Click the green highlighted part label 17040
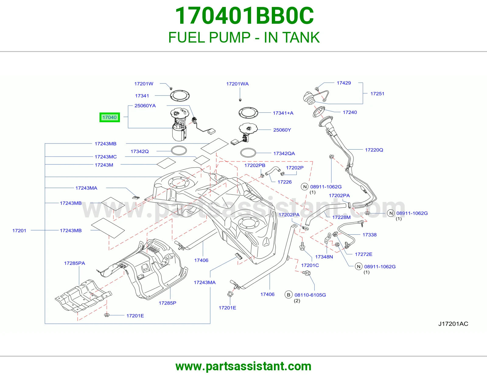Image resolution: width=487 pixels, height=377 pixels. pyautogui.click(x=110, y=117)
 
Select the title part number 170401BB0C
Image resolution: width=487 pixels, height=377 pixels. pyautogui.click(x=244, y=16)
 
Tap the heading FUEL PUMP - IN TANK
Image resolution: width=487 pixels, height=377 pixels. pyautogui.click(x=244, y=37)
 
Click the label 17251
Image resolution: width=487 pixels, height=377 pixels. pyautogui.click(x=377, y=94)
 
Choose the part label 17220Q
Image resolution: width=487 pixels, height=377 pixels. pyautogui.click(x=374, y=150)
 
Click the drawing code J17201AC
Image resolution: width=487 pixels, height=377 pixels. pyautogui.click(x=453, y=324)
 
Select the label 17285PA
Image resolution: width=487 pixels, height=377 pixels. pyautogui.click(x=74, y=263)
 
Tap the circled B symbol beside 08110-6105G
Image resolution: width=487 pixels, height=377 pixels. pyautogui.click(x=289, y=295)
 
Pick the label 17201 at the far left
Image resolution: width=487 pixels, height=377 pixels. pyautogui.click(x=19, y=230)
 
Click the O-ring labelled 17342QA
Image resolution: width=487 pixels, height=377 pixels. pyautogui.click(x=248, y=153)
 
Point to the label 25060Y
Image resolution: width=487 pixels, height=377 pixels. pyautogui.click(x=282, y=130)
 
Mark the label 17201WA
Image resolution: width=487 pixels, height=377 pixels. pyautogui.click(x=237, y=84)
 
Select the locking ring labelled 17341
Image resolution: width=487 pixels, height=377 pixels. pyautogui.click(x=180, y=96)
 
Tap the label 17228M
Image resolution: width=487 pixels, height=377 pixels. pyautogui.click(x=341, y=217)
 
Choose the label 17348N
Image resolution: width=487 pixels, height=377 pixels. pyautogui.click(x=324, y=257)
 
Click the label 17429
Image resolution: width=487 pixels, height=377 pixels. pyautogui.click(x=344, y=83)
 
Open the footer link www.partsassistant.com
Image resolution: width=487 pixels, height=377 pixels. pyautogui.click(x=243, y=366)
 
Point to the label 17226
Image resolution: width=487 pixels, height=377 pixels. pyautogui.click(x=284, y=182)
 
